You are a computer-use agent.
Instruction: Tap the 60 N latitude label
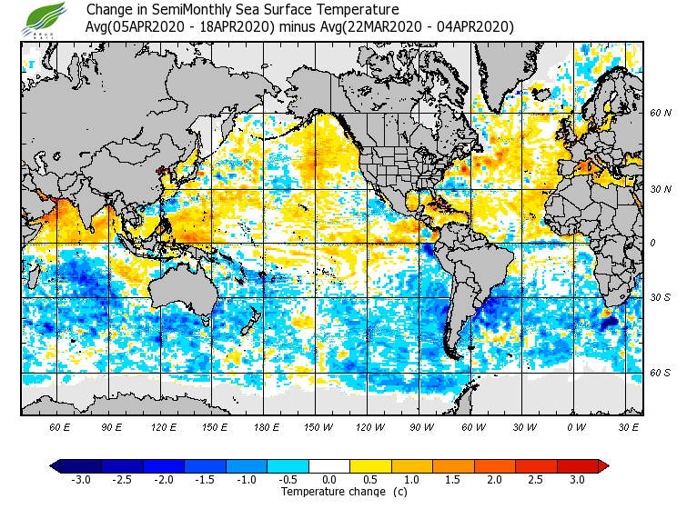click(x=661, y=114)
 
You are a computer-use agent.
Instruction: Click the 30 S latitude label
click(x=661, y=298)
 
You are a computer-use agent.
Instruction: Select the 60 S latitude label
click(x=661, y=374)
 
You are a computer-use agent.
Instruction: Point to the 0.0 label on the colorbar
click(x=328, y=479)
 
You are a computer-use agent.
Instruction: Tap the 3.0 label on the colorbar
click(x=577, y=479)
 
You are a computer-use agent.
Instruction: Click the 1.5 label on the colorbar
click(x=452, y=479)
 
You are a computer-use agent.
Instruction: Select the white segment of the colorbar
click(x=328, y=465)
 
